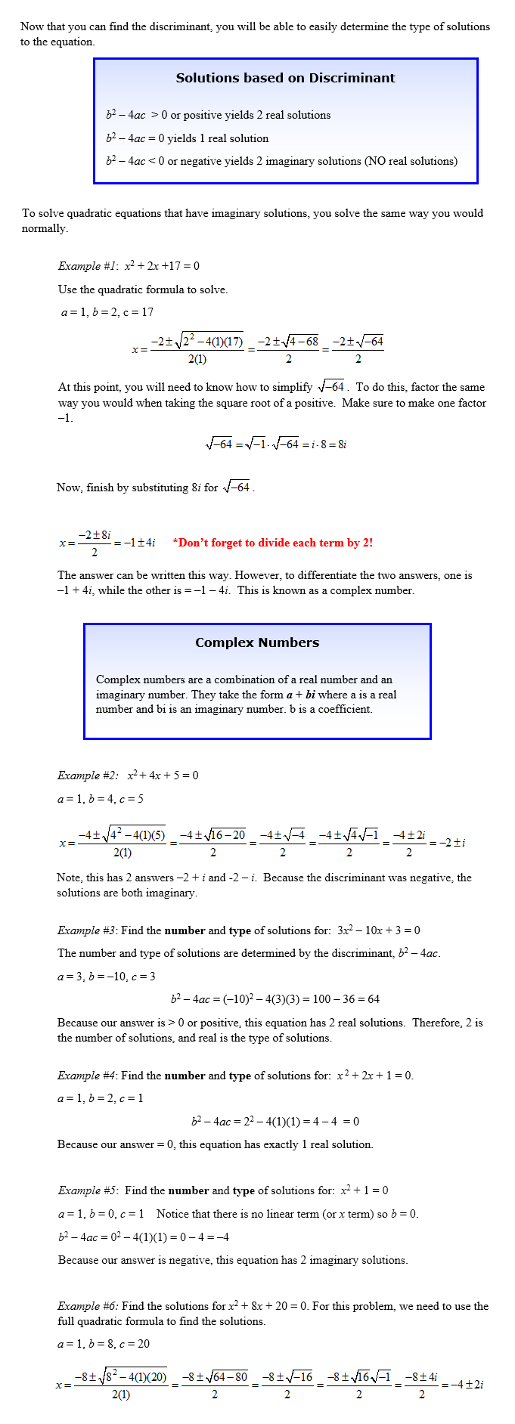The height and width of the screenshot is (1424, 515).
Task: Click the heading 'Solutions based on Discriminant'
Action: click(285, 78)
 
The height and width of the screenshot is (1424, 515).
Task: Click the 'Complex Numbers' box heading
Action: click(257, 642)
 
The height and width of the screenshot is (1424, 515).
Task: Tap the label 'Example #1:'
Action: click(88, 266)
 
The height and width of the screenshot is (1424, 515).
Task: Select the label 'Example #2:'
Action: click(88, 775)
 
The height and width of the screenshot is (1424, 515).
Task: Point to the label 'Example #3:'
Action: click(87, 930)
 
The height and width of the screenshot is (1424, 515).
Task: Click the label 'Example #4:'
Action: click(87, 1076)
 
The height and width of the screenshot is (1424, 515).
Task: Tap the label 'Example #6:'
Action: click(88, 1306)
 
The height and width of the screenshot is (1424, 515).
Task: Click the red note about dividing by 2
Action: click(272, 543)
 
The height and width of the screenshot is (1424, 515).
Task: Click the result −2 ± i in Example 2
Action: click(452, 842)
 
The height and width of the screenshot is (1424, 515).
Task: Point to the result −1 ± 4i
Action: click(140, 543)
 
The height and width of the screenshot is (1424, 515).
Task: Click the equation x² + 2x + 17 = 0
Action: click(162, 266)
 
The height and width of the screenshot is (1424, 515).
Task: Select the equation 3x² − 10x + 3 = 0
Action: click(378, 930)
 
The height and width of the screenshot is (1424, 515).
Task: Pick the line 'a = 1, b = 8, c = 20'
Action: click(104, 1344)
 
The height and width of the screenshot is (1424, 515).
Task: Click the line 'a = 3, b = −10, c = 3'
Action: click(107, 977)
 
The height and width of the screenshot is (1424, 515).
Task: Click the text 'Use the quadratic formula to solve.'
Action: click(143, 289)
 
